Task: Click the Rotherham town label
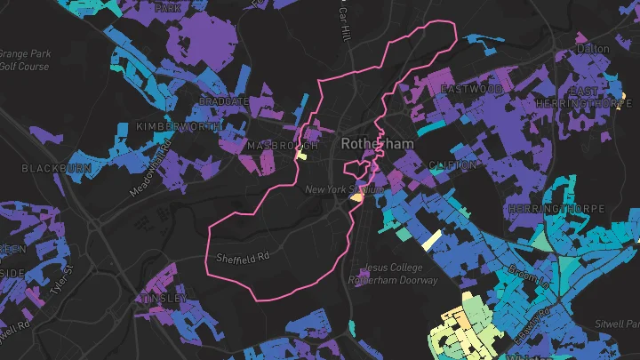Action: [372, 143]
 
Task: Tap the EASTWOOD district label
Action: [472, 90]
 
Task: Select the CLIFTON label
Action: [452, 165]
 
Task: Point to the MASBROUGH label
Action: [283, 145]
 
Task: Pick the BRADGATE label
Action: [224, 102]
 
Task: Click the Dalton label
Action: [593, 48]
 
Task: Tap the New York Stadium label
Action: [344, 189]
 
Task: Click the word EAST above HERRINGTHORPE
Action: [584, 92]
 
